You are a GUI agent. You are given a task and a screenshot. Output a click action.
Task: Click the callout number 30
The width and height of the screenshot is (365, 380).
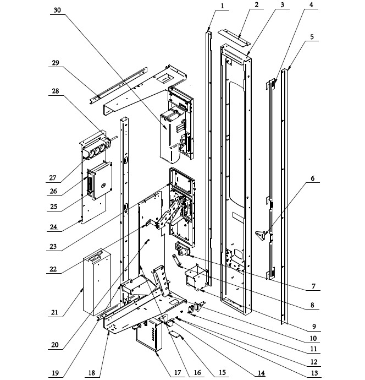[x=57, y=10]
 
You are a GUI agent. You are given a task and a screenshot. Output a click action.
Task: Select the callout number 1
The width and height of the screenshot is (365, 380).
[x=222, y=6]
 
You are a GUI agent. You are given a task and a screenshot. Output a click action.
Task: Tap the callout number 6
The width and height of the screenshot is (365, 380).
[x=313, y=178]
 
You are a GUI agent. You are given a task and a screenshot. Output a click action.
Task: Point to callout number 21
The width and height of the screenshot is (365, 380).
[x=54, y=312]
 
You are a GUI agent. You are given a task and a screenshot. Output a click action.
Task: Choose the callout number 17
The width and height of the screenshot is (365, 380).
[x=178, y=372]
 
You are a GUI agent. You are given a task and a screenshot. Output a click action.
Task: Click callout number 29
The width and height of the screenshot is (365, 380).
[x=56, y=63]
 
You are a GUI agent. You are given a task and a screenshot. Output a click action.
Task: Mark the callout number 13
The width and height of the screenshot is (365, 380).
[x=314, y=373]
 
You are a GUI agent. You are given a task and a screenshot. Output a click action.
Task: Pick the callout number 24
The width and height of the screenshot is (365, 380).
[x=54, y=227]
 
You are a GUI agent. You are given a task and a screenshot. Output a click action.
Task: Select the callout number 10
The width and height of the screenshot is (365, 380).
[x=313, y=338]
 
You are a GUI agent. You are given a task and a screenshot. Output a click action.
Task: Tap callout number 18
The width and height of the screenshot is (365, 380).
[x=91, y=372]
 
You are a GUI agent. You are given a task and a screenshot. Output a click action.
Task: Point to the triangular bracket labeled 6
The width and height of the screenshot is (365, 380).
[x=260, y=235]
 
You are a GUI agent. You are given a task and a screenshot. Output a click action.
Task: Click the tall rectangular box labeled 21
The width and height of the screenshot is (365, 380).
[x=97, y=283]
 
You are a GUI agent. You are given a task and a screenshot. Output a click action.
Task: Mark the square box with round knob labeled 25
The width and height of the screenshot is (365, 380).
[x=102, y=181]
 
